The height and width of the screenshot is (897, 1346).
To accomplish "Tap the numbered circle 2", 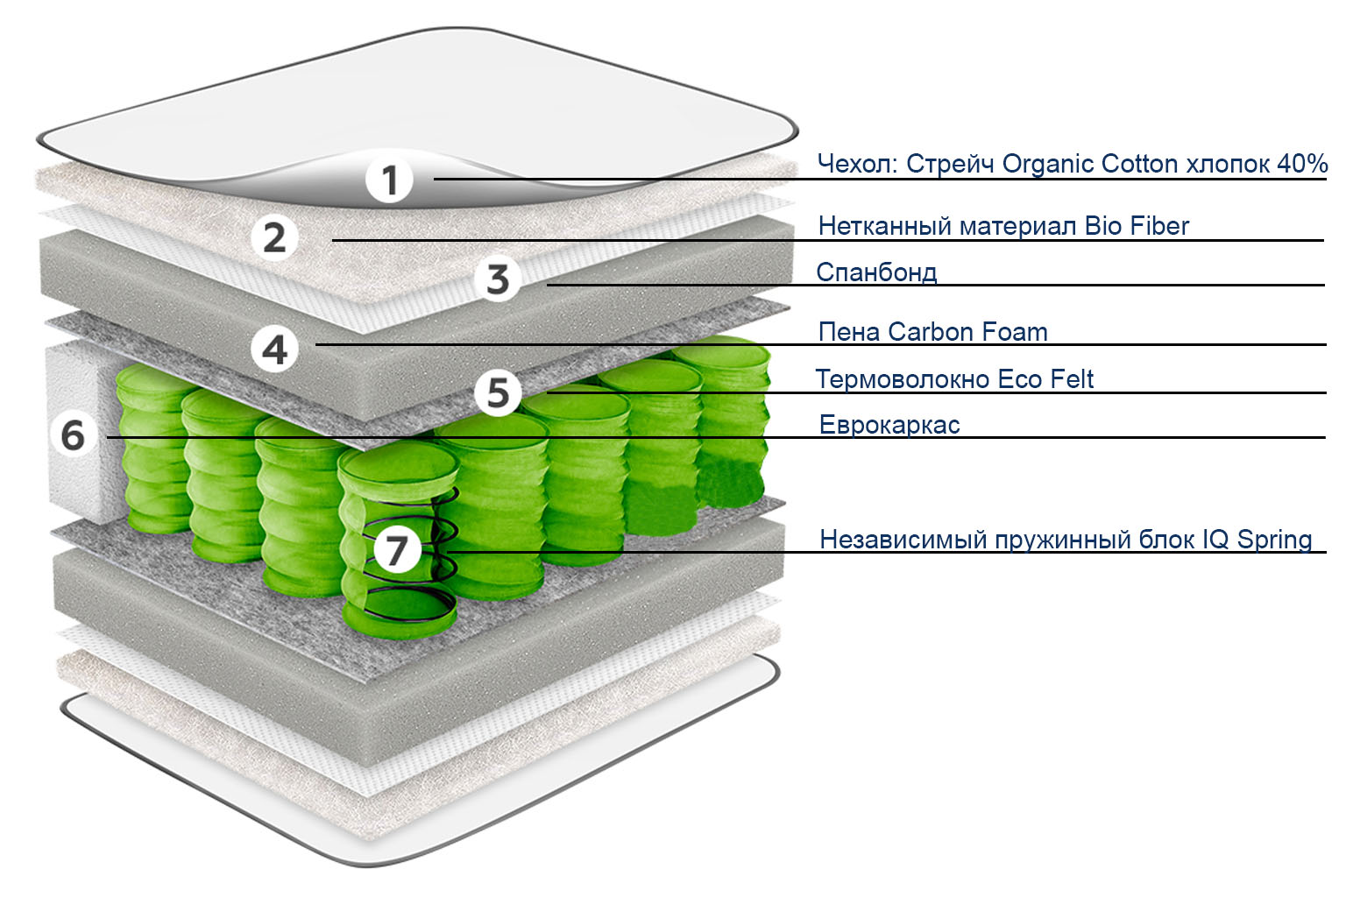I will point(274,237).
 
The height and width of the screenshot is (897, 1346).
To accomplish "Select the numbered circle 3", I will point(498,279).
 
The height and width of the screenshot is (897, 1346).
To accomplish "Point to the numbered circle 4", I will point(274,349).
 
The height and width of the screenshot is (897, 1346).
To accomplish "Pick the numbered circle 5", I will point(498,392).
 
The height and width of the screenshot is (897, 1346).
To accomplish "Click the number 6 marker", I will point(73,434).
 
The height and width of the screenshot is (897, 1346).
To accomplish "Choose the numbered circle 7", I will point(397,550).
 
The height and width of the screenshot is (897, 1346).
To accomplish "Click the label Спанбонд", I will point(876,272).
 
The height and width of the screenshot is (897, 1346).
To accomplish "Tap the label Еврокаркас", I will point(889,425).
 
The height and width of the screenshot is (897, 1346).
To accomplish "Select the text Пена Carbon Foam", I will point(932,332).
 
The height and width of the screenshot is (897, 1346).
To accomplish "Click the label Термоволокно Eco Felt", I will point(954,379).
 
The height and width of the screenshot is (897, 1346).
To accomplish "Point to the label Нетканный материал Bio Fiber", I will point(1003,226).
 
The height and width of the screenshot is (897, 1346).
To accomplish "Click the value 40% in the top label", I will point(1302,164).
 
